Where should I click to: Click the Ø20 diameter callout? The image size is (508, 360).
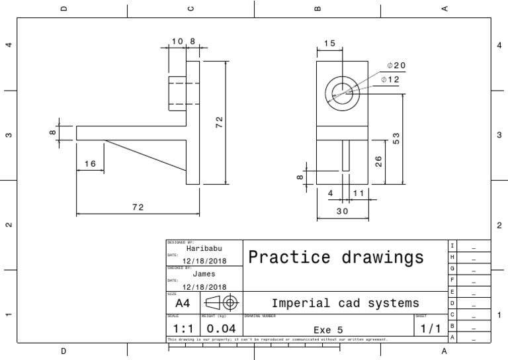point(397,66)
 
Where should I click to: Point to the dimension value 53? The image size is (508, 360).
point(396,139)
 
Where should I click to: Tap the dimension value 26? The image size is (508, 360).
point(379,161)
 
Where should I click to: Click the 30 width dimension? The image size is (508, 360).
point(341,212)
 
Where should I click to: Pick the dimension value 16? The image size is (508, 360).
point(91,163)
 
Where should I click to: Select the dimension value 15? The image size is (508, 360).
point(329,44)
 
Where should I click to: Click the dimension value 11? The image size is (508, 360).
point(359,193)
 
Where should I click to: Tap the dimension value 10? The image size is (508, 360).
point(177,41)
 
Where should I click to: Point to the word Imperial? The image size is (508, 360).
point(302,303)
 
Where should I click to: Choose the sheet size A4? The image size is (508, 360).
point(183,304)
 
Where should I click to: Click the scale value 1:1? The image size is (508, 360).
point(183,328)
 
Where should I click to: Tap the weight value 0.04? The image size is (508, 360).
point(221,328)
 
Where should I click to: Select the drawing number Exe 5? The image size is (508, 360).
point(328,329)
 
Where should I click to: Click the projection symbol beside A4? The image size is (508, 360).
point(221,303)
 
